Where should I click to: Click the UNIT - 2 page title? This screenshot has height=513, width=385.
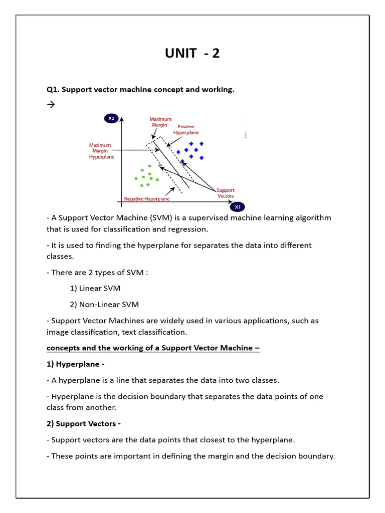point(192,53)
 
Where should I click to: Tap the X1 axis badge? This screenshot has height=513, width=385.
point(238,206)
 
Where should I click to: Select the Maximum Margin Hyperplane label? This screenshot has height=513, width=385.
point(101,151)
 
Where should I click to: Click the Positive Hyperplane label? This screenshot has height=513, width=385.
point(186,130)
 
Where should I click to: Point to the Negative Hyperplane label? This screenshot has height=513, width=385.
point(146,199)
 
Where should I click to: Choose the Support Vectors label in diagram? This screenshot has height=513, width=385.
point(226,193)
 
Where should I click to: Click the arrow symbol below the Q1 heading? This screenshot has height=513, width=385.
point(51,105)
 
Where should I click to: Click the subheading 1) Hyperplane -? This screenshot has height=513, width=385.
point(76,364)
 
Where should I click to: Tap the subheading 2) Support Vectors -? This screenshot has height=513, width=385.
point(84,424)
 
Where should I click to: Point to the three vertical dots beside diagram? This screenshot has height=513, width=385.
point(245,135)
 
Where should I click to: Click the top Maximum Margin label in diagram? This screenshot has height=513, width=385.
point(160,122)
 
